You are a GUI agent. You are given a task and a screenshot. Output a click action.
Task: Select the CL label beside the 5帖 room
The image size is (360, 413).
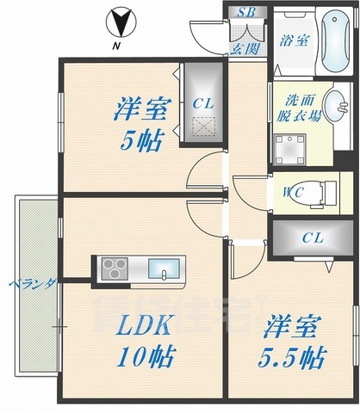(x=203, y=103)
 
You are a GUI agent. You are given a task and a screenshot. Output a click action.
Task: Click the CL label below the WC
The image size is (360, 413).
(x=311, y=237)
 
